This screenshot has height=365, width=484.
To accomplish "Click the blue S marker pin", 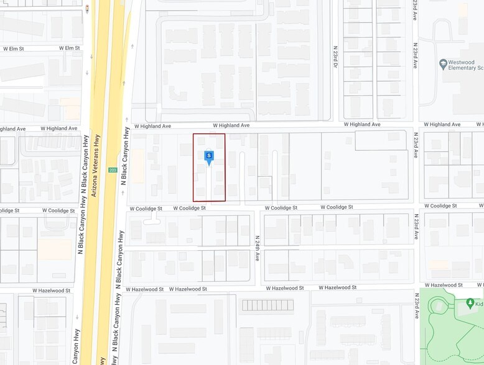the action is tap(209, 156).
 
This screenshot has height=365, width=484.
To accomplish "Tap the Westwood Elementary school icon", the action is tap(443, 63).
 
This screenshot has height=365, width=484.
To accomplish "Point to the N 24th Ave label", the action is tap(256, 248).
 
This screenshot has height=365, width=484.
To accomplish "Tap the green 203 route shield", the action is tap(113, 170).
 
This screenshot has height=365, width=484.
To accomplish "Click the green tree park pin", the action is tap(470, 302).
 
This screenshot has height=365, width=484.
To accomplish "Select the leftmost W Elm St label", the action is tap(13, 48).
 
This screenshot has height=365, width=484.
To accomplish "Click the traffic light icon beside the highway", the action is tap(87, 9).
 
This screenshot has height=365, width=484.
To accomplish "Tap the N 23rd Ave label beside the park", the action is tap(415, 306).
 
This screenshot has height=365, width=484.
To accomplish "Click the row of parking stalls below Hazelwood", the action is tap(267, 305).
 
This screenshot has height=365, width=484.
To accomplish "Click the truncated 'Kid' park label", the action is tap(478, 303).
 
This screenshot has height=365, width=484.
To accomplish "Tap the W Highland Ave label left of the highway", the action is tap(59, 128).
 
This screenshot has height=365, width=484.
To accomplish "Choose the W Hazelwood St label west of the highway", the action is tap(52, 290).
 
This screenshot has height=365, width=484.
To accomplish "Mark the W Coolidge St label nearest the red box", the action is tap(189, 209).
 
